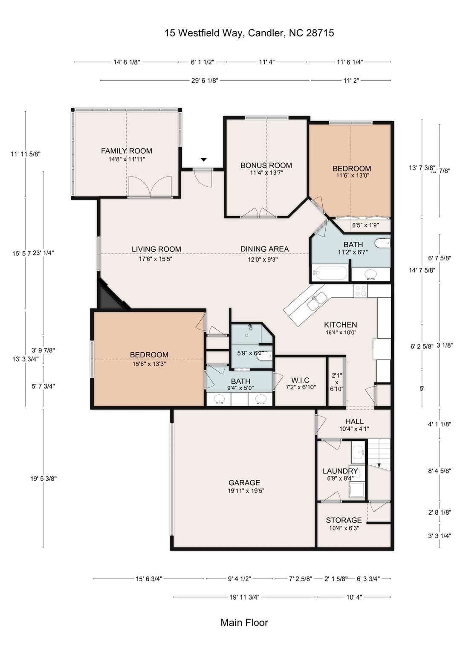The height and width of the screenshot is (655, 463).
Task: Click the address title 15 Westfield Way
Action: pyautogui.click(x=249, y=33)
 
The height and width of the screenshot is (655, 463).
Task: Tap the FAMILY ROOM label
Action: pyautogui.click(x=126, y=151)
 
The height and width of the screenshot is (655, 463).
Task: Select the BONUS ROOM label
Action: pyautogui.click(x=266, y=165)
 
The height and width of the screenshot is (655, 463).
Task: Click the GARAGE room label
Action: pyautogui.click(x=244, y=483)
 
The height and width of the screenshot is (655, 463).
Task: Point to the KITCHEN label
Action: pyautogui.click(x=340, y=325)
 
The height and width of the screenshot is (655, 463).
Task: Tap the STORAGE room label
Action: pyautogui.click(x=344, y=520)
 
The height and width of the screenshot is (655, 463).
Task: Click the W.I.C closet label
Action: pyautogui.click(x=300, y=380)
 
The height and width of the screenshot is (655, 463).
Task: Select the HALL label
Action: pyautogui.click(x=354, y=421)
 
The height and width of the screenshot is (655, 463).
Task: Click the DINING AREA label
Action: pyautogui.click(x=264, y=249)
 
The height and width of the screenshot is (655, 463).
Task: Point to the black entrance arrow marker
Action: pyautogui.click(x=204, y=159)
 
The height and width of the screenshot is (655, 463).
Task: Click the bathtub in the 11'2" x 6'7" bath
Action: pyautogui.click(x=330, y=272)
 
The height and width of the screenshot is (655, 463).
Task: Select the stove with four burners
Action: pyautogui.click(x=360, y=291)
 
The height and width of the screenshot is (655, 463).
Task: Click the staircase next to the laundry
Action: pyautogui.click(x=379, y=454)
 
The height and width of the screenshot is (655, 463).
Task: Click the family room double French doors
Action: pyautogui.click(x=150, y=188)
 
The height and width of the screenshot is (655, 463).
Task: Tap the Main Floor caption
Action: pyautogui.click(x=244, y=623)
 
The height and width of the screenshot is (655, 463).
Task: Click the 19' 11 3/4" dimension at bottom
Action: pyautogui.click(x=244, y=597)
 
